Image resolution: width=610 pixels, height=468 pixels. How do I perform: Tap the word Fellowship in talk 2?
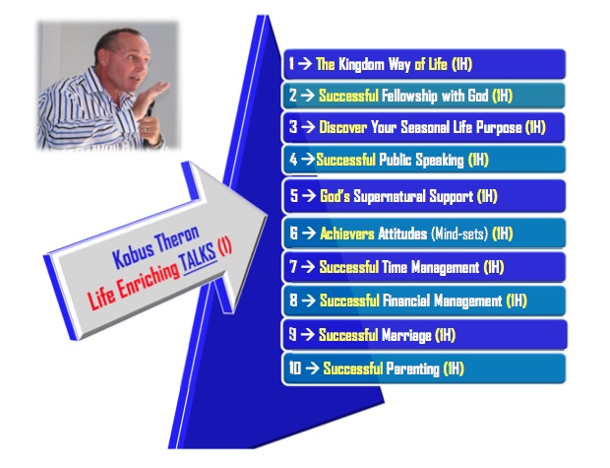[409, 96]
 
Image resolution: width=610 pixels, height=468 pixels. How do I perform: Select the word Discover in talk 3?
[342, 127]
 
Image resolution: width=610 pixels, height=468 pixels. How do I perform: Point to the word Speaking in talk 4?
[440, 160]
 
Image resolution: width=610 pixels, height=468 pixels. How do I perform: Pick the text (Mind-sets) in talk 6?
[459, 234]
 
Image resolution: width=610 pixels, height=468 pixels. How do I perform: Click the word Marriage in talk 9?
[406, 335]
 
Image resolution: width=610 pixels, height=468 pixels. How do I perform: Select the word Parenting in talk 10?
[412, 368]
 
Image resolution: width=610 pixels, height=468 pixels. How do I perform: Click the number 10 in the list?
[294, 368]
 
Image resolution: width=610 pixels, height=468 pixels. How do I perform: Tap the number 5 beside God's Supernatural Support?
[294, 195]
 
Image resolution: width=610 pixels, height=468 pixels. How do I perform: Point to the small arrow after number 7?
[308, 267]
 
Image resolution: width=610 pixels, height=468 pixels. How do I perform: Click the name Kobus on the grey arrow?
[133, 255]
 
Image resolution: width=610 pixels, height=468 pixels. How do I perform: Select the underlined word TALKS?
[199, 258]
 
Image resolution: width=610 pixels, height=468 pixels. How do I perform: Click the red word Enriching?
[149, 280]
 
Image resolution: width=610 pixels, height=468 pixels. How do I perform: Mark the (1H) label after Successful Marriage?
[445, 335]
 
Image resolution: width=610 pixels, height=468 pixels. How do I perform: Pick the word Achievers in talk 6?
[347, 234]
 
